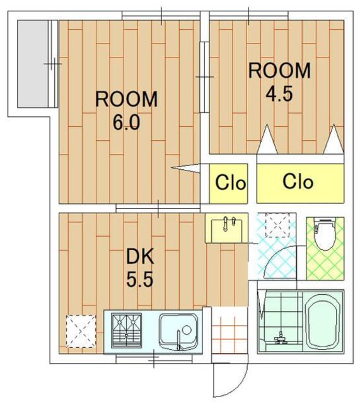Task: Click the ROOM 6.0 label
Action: [x=126, y=110]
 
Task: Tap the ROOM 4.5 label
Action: [x=279, y=82]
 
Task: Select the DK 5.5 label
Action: [x=140, y=268]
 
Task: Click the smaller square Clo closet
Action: [x=228, y=184]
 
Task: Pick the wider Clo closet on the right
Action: [x=300, y=184]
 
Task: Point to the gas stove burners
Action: [x=126, y=330]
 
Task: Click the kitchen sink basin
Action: [x=178, y=332]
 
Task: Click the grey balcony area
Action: [x=32, y=64]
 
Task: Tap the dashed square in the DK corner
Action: [x=81, y=331]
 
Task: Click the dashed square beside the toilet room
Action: [x=277, y=225]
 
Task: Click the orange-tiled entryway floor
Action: [x=229, y=330]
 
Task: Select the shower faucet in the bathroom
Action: [x=281, y=338]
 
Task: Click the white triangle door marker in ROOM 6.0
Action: [x=185, y=169]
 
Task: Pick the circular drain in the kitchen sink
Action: [x=187, y=330]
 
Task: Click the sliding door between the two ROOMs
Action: [x=204, y=77]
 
